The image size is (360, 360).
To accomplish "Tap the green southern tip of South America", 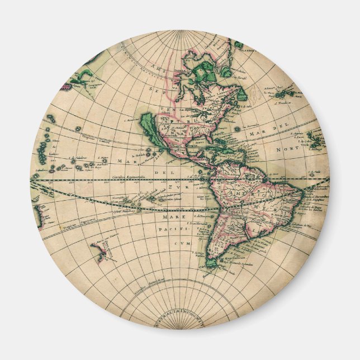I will (x=212, y=262).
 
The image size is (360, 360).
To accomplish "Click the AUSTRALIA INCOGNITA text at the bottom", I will (x=180, y=321).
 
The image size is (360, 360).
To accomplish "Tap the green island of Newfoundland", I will (x=241, y=92).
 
